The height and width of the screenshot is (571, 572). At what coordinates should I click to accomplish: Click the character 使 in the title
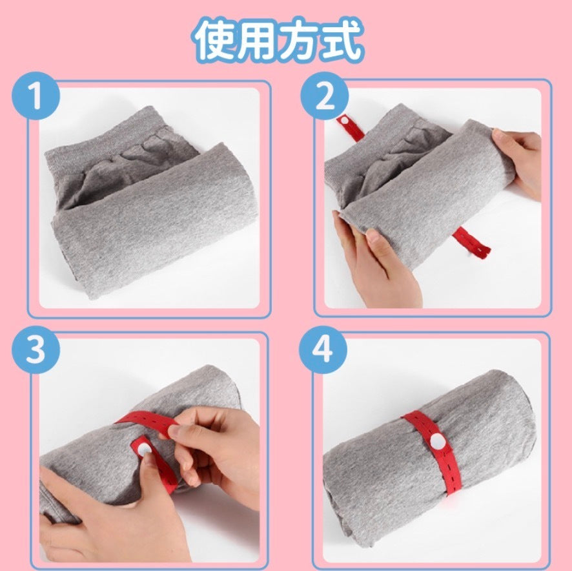tap(214, 39)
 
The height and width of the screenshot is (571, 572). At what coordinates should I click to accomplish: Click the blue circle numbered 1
tap(36, 96)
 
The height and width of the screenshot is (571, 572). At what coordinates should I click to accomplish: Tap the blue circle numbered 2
tap(324, 96)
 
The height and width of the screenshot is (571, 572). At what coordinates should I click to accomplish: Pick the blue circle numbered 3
tap(36, 349)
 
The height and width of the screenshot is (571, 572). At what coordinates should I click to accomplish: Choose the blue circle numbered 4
tap(323, 349)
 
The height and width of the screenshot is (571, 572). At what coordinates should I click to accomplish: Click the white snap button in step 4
tap(437, 442)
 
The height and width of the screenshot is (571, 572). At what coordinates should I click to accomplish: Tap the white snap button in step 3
tap(143, 450)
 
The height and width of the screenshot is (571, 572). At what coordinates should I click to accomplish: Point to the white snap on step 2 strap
tap(343, 120)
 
